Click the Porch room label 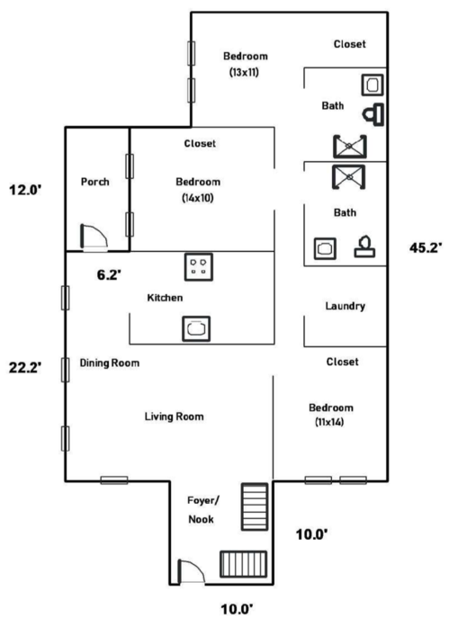tap(94, 182)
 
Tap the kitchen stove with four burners tap(199, 266)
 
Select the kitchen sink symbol tap(196, 328)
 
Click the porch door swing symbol tap(94, 237)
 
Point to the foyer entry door tap(191, 571)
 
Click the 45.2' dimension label tap(426, 248)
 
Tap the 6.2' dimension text tap(109, 274)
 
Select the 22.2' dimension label tap(25, 367)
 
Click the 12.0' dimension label tap(25, 190)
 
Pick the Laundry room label tap(345, 306)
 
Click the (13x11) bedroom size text tap(244, 72)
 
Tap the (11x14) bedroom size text tap(329, 422)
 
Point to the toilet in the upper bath tap(373, 114)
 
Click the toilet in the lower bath tap(364, 246)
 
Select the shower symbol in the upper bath tap(350, 147)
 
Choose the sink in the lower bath tap(325, 248)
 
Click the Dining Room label tap(110, 363)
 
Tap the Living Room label tap(175, 417)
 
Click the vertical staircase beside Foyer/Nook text tap(255, 506)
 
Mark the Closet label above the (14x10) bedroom tap(200, 144)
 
